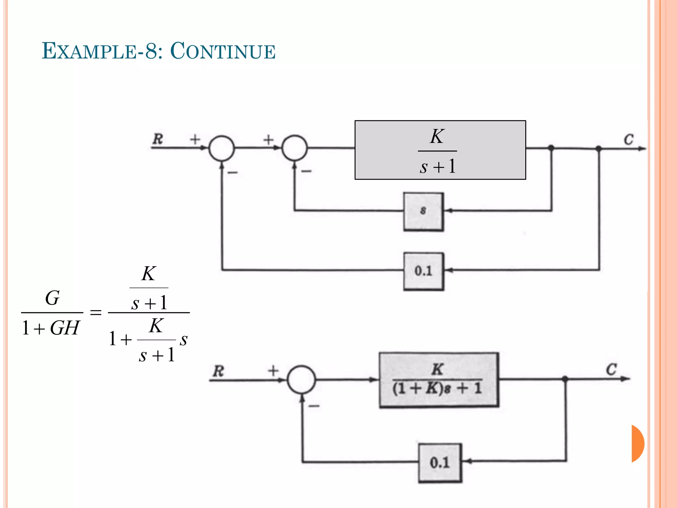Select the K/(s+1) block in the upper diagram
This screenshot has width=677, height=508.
440,150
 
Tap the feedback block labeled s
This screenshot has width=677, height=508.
423,211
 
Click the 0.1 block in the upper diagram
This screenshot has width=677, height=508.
423,272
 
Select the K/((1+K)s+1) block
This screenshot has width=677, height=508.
439,380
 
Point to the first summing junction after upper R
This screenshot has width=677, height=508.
222,148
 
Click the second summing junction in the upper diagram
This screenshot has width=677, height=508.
295,148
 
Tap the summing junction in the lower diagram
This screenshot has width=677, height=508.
301,379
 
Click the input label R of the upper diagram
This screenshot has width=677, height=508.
158,139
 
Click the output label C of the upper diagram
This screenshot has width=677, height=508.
628,140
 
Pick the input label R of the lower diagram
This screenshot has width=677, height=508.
219,371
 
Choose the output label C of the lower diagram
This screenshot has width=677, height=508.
611,369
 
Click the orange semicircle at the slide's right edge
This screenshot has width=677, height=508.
638,444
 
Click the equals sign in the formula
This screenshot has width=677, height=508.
96,312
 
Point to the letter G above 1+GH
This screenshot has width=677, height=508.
52,298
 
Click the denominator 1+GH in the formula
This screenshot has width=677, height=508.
51,328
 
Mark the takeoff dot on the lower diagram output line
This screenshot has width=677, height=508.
565,379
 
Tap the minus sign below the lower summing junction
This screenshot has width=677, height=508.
314,406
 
